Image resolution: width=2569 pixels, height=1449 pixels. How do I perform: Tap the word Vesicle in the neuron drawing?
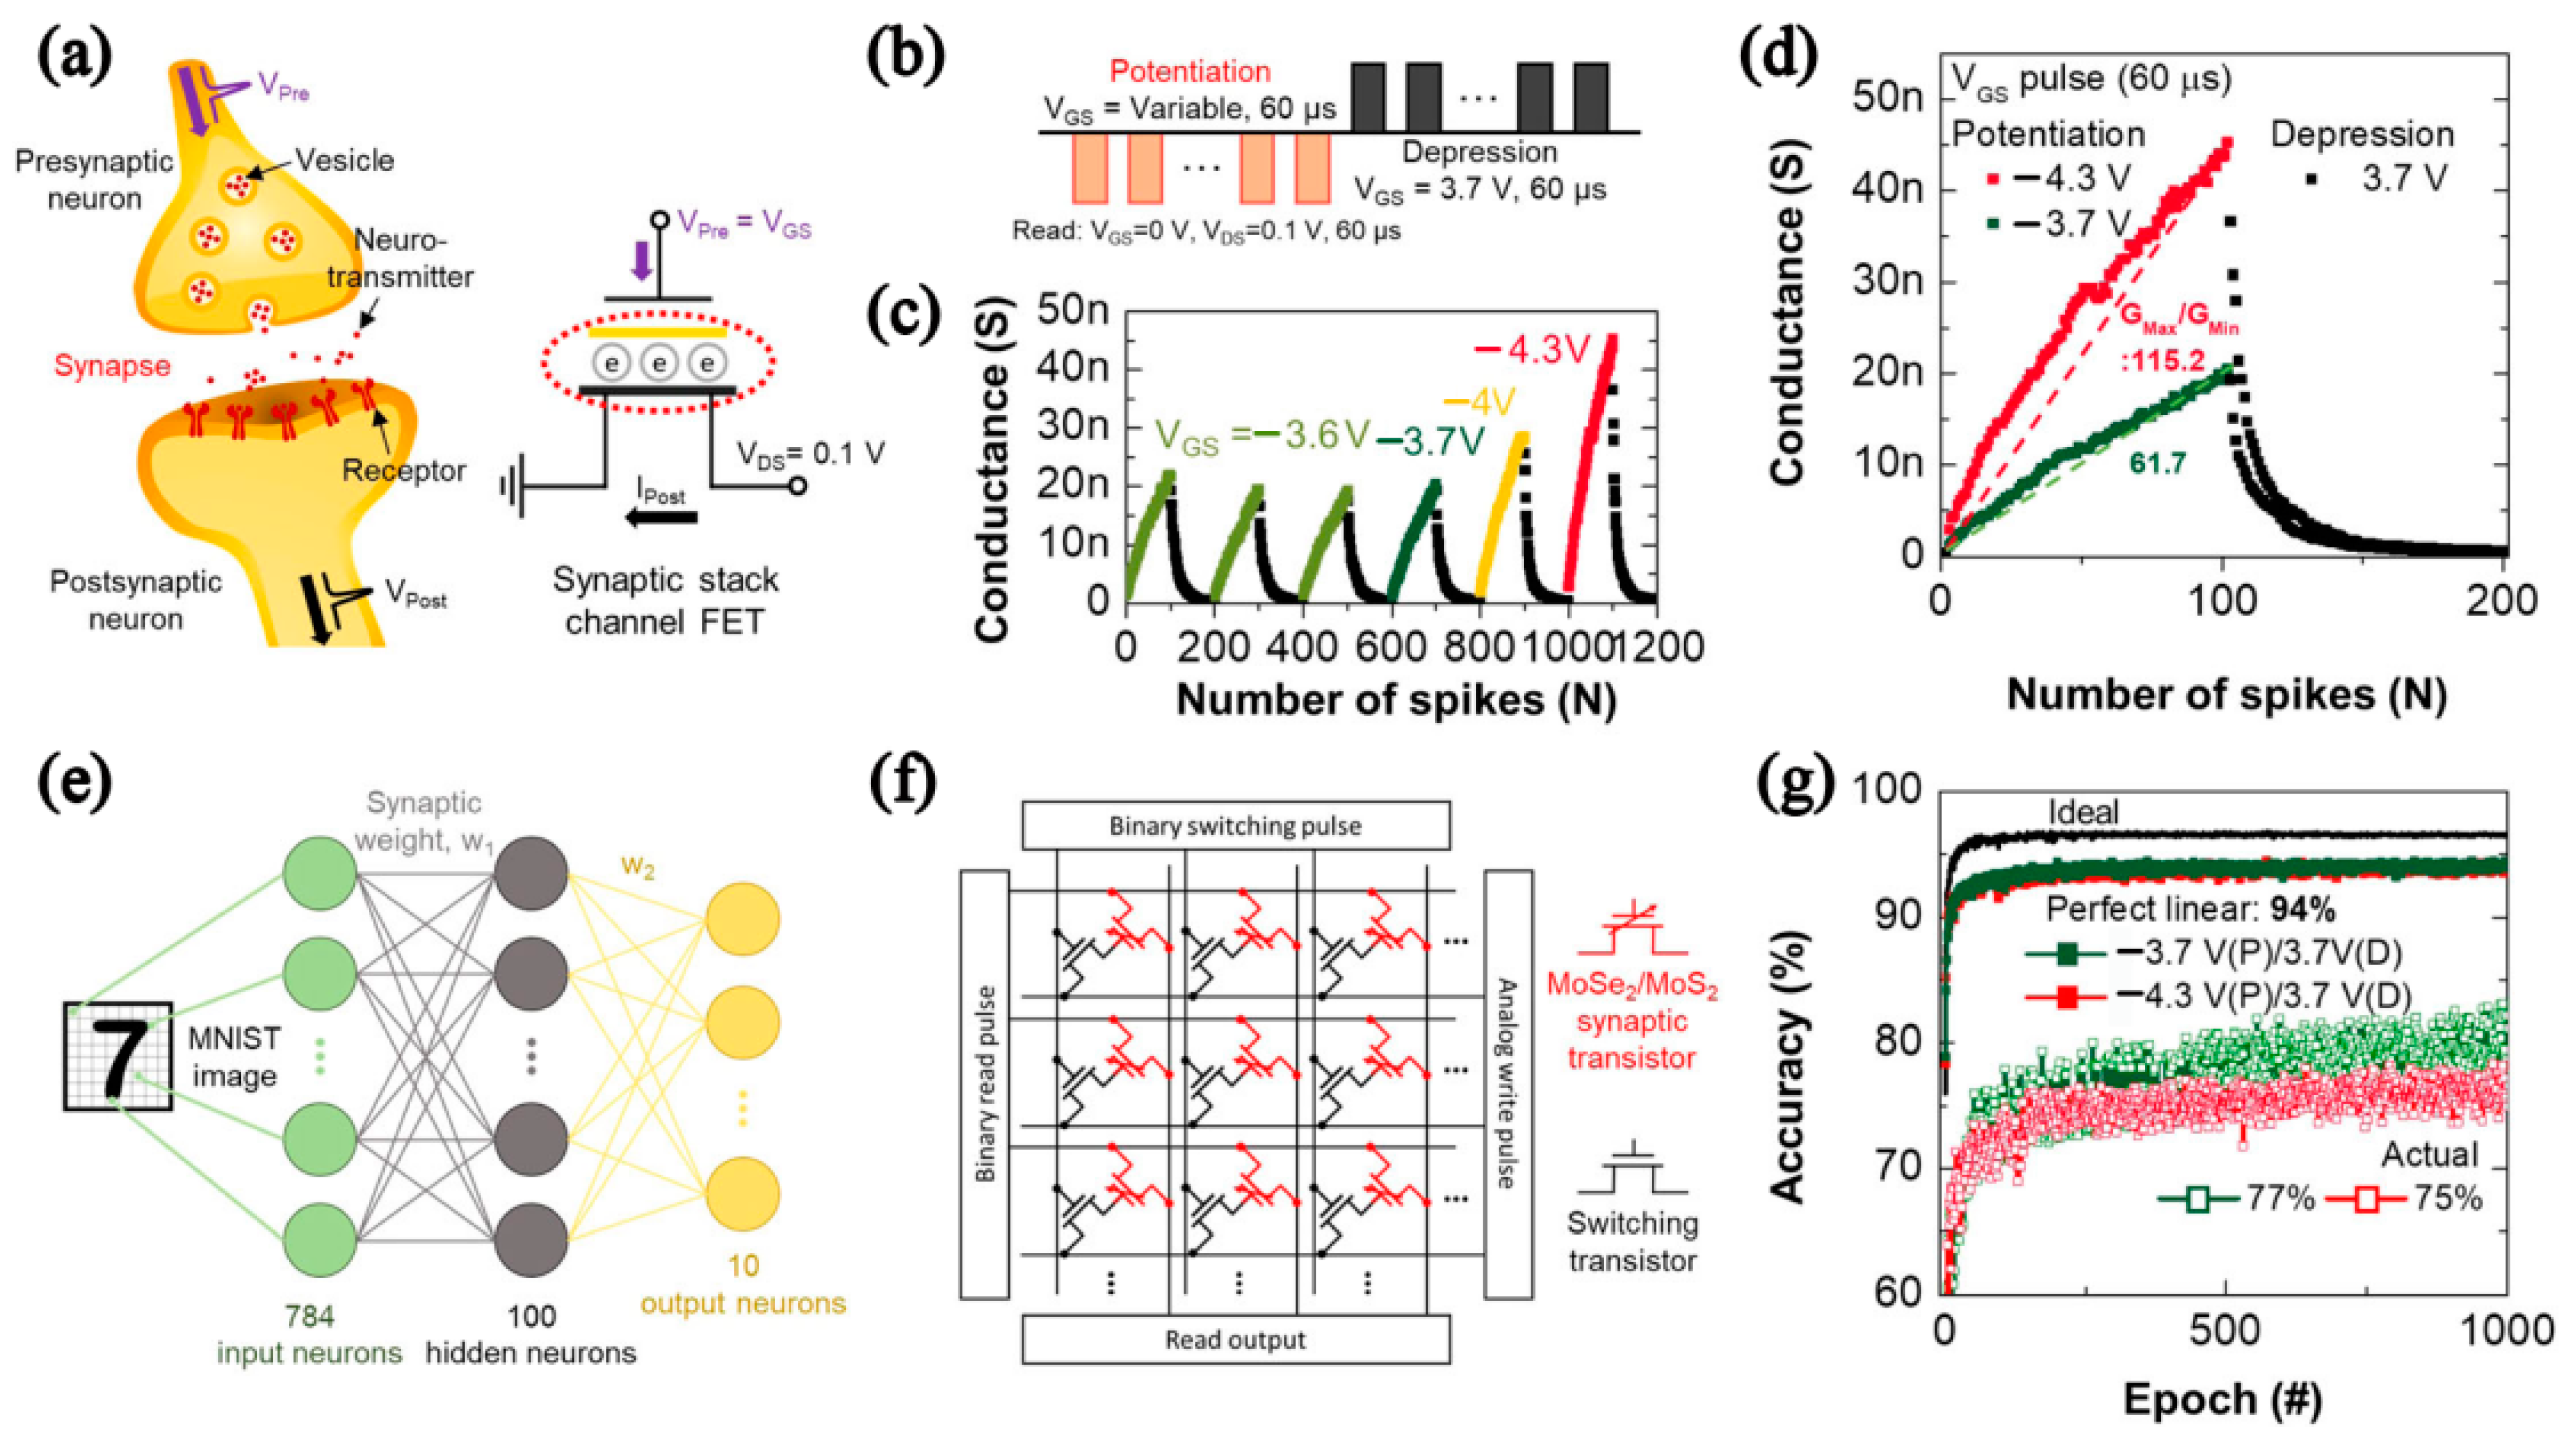tap(345, 160)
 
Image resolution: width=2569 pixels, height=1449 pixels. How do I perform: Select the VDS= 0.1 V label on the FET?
tap(810, 455)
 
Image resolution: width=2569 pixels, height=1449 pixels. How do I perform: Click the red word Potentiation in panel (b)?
tap(1190, 72)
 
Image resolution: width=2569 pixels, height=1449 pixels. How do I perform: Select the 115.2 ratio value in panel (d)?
tap(2162, 360)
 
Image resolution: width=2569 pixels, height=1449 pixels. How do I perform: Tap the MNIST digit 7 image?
tap(117, 1056)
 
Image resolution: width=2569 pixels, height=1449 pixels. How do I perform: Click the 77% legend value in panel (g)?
tap(2280, 1198)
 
